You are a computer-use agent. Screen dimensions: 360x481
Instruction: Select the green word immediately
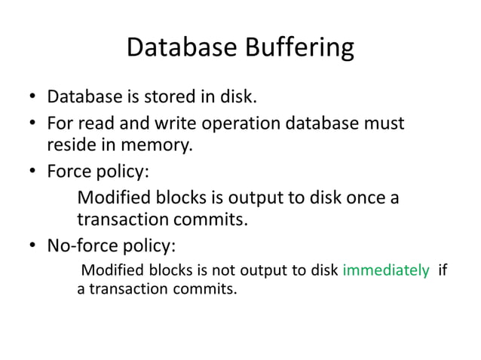[x=385, y=270]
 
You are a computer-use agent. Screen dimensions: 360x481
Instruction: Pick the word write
[x=163, y=122]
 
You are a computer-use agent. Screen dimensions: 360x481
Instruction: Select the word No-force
[x=81, y=246]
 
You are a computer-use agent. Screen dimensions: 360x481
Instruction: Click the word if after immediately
[x=443, y=270]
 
